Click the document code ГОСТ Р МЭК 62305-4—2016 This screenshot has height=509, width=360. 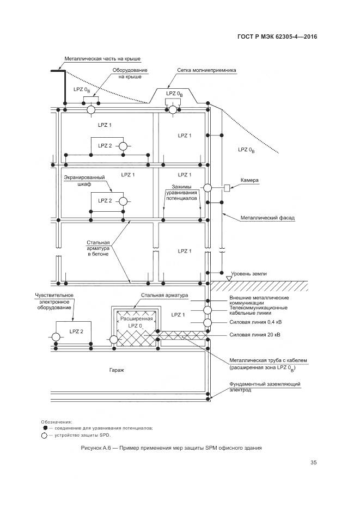(277, 37)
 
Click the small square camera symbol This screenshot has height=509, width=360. (227, 188)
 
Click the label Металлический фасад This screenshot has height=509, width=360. (267, 218)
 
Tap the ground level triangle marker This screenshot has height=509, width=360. (229, 278)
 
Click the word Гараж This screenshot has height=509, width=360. (117, 370)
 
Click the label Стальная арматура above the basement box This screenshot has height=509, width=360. (164, 296)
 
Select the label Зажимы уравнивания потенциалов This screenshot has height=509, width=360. (183, 192)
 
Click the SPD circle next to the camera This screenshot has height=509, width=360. (208, 188)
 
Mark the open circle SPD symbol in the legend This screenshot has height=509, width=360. (44, 436)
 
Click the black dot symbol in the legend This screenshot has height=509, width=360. (45, 428)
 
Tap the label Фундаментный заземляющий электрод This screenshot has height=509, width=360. (265, 387)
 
